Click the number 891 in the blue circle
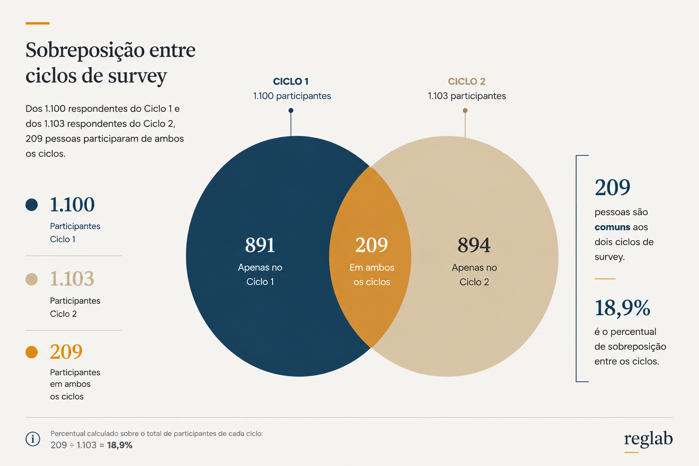(x=260, y=245)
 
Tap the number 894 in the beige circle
(x=474, y=245)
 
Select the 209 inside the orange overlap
(x=371, y=245)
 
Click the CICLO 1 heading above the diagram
(x=290, y=81)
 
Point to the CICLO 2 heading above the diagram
(x=466, y=81)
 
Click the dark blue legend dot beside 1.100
(x=31, y=205)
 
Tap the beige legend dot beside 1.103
(x=31, y=279)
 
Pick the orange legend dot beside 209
(x=31, y=352)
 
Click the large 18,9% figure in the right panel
(x=622, y=308)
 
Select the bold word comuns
(x=612, y=227)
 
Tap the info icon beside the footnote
(x=33, y=439)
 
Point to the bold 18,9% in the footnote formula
(x=120, y=445)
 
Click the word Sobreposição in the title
(x=85, y=50)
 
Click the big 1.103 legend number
(x=72, y=279)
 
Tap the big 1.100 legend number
(x=72, y=205)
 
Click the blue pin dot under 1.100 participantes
(x=291, y=111)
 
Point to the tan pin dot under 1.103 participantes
(x=465, y=111)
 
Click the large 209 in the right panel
(x=612, y=187)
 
